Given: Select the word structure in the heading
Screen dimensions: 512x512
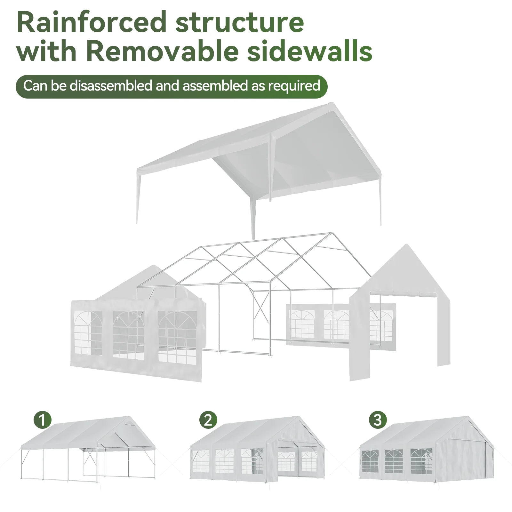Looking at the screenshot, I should pos(240,22).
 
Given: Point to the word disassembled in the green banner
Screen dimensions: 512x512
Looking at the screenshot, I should pos(111,86).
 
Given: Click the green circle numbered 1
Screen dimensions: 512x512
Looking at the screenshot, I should pos(43,420).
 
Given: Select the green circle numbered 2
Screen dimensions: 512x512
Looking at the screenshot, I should pos(208,420).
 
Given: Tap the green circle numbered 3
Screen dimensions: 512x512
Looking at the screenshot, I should pos(378,420).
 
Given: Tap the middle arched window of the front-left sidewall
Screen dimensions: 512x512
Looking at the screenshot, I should pos(128,334).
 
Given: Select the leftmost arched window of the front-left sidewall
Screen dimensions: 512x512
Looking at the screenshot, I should pos(88,333).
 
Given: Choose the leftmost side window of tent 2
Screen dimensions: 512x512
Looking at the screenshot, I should pos(201,461).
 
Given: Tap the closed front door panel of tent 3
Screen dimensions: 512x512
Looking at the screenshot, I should pos(461,461).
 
